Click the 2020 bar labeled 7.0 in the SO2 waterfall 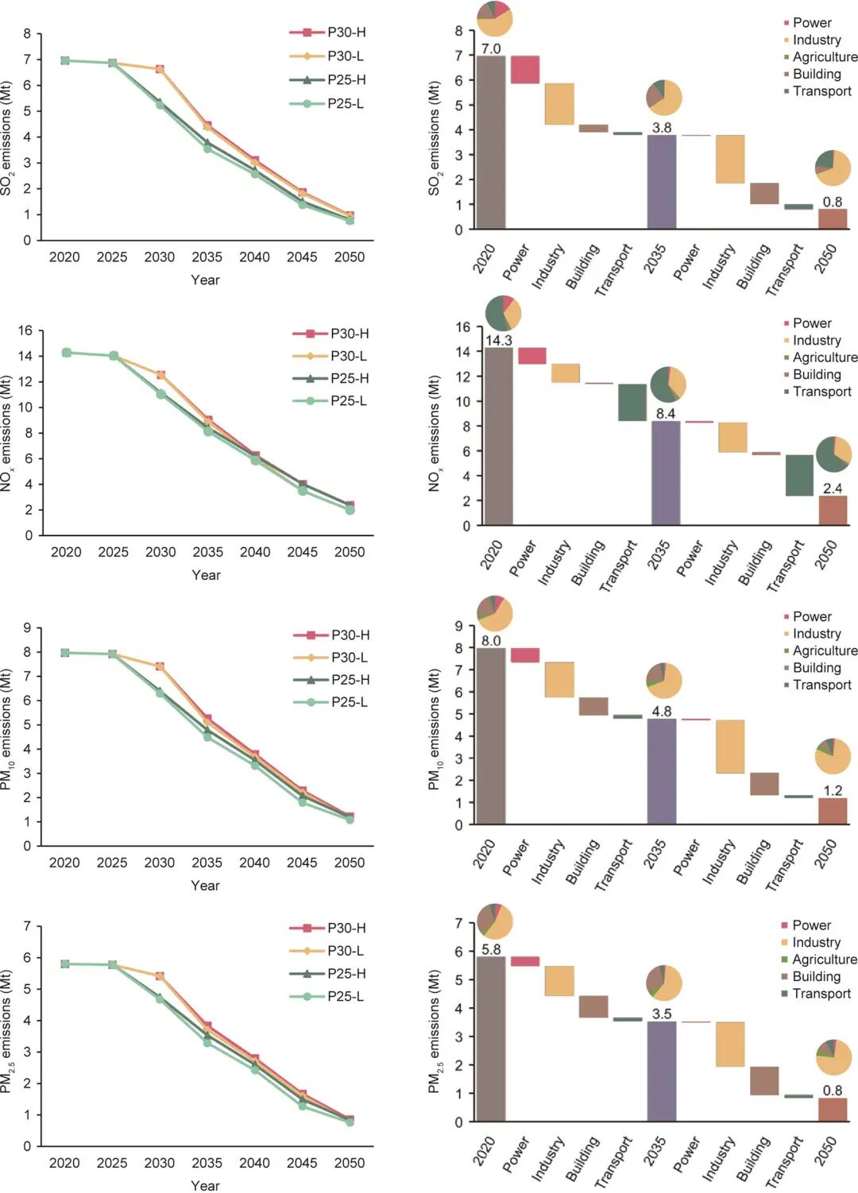(x=491, y=143)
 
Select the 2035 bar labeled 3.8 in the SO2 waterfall (x=661, y=182)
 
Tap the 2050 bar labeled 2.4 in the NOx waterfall (x=833, y=510)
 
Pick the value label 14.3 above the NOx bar (x=499, y=341)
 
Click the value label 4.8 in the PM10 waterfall (x=662, y=712)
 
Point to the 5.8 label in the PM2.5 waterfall (x=491, y=949)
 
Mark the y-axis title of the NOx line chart (x=7, y=433)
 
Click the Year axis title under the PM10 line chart (x=206, y=886)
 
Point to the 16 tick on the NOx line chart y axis (x=25, y=330)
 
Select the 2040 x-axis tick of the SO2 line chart (x=254, y=257)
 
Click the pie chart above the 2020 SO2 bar (x=494, y=19)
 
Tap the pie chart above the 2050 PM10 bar (x=833, y=756)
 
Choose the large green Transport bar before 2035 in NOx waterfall (x=632, y=402)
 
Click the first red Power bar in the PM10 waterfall (x=524, y=655)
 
